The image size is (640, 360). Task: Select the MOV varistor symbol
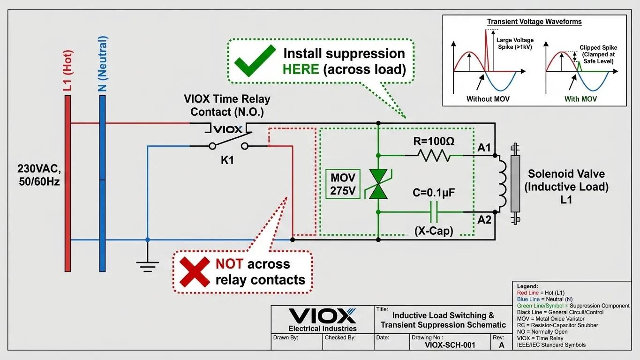[378, 183]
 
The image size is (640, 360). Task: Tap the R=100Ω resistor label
[433, 142]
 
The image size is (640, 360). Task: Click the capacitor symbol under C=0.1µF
[434, 212]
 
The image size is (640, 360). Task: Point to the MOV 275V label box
[343, 184]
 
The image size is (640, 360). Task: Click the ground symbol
[147, 266]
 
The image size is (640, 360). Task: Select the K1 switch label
[227, 160]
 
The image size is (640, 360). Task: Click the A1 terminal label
[484, 148]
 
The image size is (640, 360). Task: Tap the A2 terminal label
[484, 219]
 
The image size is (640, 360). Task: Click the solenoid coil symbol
[502, 183]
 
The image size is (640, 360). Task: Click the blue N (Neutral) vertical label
[103, 63]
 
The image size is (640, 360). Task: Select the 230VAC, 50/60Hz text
[38, 175]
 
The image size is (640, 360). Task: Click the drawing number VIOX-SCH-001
[450, 345]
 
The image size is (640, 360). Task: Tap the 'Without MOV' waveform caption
[488, 99]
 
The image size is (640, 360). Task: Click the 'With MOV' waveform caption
[580, 99]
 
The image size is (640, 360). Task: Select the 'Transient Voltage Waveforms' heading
[534, 22]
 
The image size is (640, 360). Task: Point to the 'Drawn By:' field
[285, 337]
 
